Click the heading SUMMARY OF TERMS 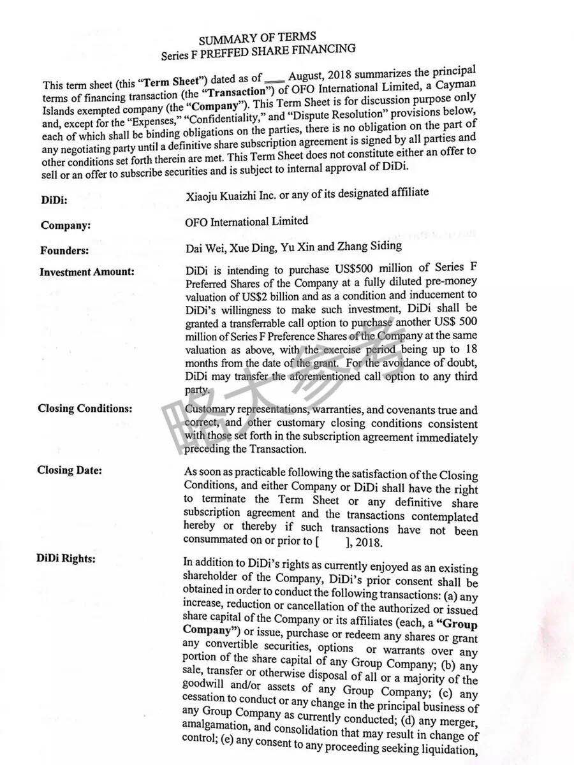[257, 39]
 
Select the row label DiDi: [54, 200]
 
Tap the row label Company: [65, 226]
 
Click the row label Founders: [64, 251]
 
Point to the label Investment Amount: [87, 272]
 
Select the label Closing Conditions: [85, 409]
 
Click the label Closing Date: [70, 471]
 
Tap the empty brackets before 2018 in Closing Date [330, 543]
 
